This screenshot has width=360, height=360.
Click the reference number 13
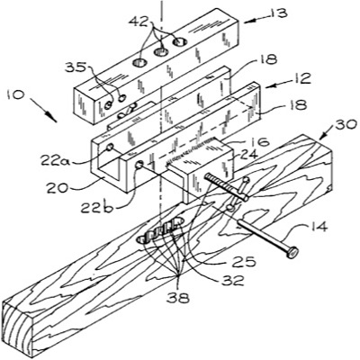pyautogui.click(x=277, y=13)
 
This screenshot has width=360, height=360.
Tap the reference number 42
pyautogui.click(x=139, y=21)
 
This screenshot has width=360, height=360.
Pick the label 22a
pyautogui.click(x=56, y=161)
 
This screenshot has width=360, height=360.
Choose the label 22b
pyautogui.click(x=96, y=207)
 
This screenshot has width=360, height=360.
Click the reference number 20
pyautogui.click(x=57, y=188)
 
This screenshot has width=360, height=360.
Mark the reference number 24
pyautogui.click(x=249, y=155)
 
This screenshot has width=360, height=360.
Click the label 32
pyautogui.click(x=234, y=281)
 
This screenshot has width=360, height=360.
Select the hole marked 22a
pyautogui.click(x=111, y=147)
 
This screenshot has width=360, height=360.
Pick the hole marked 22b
pyautogui.click(x=139, y=165)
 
